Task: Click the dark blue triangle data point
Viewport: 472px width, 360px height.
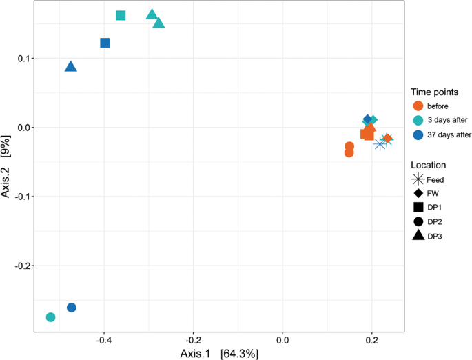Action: point(70,67)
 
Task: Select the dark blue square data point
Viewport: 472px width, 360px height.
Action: point(105,43)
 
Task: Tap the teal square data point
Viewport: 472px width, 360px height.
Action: point(121,15)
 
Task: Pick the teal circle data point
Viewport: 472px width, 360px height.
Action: point(50,317)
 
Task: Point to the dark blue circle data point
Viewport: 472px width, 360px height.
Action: point(72,308)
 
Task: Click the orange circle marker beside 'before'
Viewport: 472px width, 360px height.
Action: point(418,106)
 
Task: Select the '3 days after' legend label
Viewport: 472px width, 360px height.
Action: point(447,119)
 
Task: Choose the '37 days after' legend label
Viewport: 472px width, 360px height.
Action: point(449,134)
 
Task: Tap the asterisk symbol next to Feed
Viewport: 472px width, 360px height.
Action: point(418,179)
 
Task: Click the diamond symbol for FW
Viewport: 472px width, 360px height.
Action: point(418,193)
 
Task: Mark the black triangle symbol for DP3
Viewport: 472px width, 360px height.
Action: point(418,235)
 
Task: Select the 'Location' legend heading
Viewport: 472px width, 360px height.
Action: point(428,165)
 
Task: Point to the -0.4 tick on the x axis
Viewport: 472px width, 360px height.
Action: point(104,341)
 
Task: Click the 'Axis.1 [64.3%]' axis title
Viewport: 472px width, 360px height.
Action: point(218,353)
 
